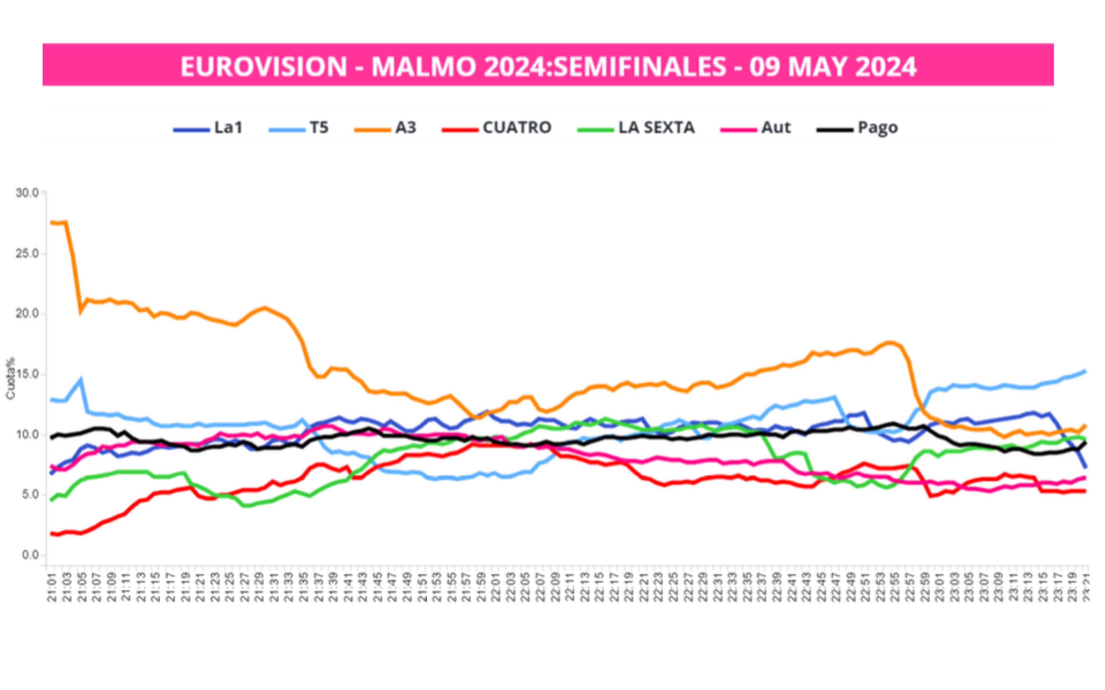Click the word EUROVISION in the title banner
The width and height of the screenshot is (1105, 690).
tap(264, 67)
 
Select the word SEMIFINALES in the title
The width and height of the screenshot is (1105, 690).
tap(639, 67)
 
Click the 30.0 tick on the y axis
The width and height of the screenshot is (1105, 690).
tap(27, 193)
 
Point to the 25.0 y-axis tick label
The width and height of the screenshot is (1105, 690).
tap(27, 254)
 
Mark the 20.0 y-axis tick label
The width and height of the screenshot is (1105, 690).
tap(27, 314)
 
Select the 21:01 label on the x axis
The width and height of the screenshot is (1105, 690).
tap(52, 589)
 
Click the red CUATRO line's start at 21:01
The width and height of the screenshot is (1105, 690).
tap(52, 533)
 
